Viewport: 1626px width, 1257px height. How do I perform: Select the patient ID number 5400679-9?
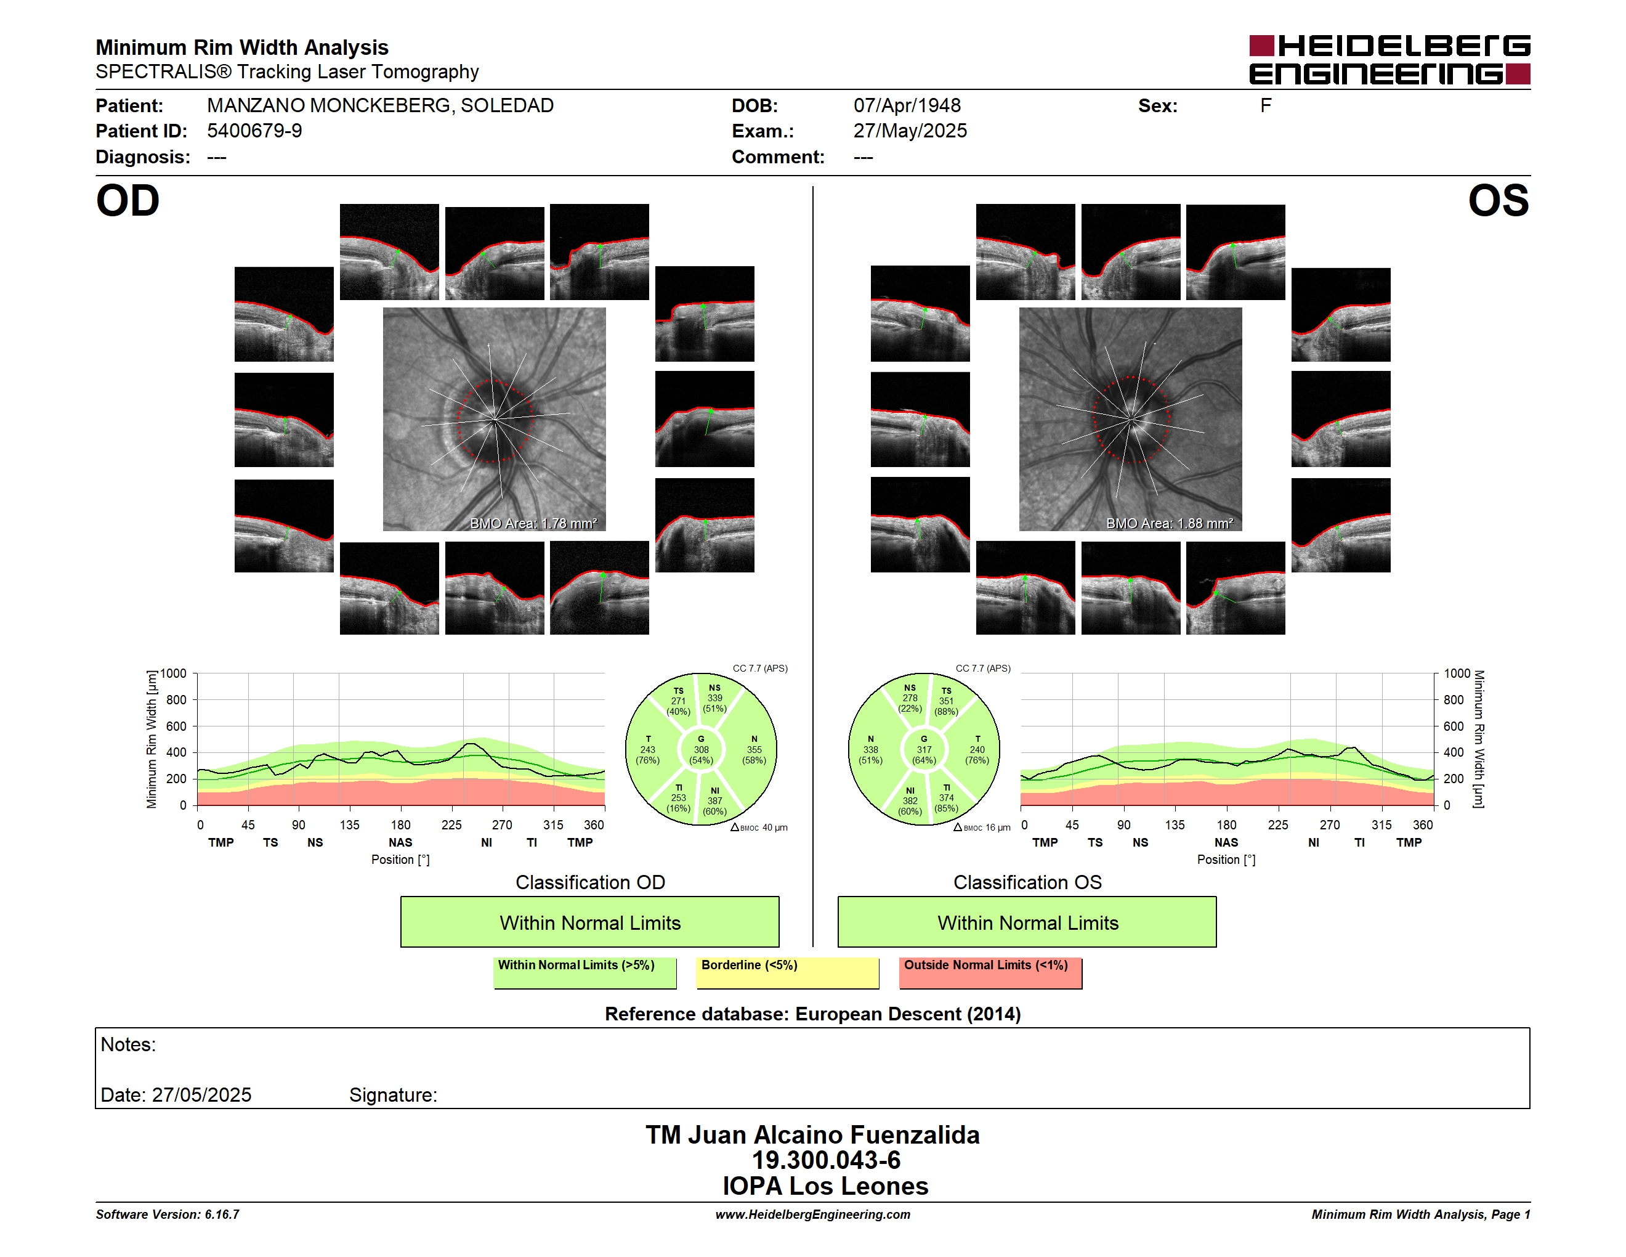tap(254, 131)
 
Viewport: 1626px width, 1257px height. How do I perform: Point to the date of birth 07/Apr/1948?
tap(907, 106)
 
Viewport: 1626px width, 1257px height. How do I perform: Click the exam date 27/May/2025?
tap(910, 131)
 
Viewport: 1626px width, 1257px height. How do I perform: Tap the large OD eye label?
tap(127, 201)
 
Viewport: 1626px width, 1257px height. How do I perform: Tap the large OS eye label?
tap(1498, 201)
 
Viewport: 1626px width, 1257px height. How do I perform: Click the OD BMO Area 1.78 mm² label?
tap(533, 524)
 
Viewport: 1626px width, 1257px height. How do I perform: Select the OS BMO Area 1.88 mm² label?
tap(1169, 524)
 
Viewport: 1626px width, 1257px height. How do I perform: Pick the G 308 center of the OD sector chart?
tap(700, 749)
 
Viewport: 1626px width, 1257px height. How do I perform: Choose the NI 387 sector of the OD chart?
tap(714, 801)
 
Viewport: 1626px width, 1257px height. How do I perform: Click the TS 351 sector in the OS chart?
tap(945, 701)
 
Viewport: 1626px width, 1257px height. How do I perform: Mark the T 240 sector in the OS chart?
tap(977, 749)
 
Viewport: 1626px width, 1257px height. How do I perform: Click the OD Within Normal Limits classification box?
tap(589, 922)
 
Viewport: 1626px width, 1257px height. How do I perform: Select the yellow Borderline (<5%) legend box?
tap(788, 972)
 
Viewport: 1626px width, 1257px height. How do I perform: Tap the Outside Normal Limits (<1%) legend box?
tap(990, 972)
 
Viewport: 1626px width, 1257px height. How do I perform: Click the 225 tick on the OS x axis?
tap(1277, 825)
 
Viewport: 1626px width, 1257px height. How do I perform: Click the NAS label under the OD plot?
tap(400, 842)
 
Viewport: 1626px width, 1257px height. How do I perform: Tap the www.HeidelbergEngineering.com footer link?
tap(813, 1214)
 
